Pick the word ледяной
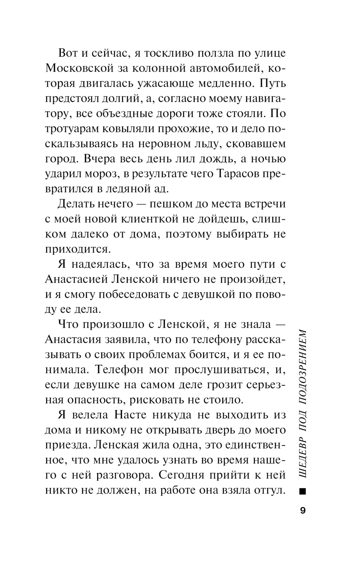coord(124,189)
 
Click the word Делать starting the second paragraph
coord(75,204)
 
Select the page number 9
coord(302,511)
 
